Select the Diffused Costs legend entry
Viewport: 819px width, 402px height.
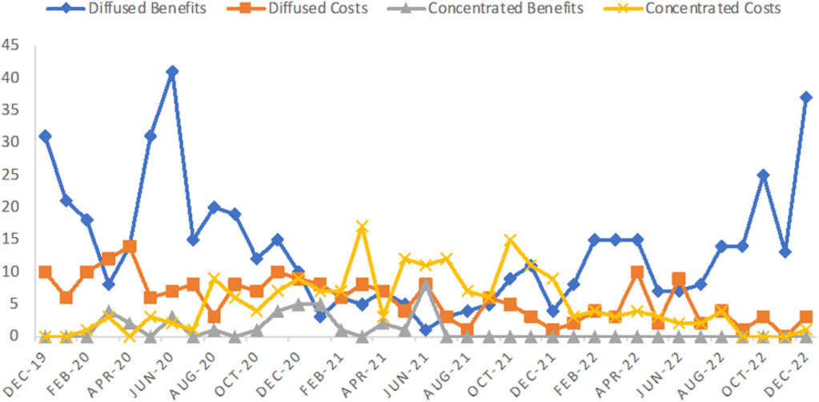pyautogui.click(x=318, y=10)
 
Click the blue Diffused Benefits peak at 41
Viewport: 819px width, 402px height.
pyautogui.click(x=171, y=71)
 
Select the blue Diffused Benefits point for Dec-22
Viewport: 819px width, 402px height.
pyautogui.click(x=805, y=98)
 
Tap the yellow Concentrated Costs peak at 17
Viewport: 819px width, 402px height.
pyautogui.click(x=362, y=227)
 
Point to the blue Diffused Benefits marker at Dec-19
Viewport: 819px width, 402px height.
pyautogui.click(x=46, y=136)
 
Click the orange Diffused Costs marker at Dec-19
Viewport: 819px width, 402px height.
pyautogui.click(x=46, y=271)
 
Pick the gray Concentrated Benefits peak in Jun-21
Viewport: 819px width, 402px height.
pyautogui.click(x=425, y=285)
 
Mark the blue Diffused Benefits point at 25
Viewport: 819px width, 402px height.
pyautogui.click(x=763, y=175)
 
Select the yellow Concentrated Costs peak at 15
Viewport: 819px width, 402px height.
pyautogui.click(x=509, y=239)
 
